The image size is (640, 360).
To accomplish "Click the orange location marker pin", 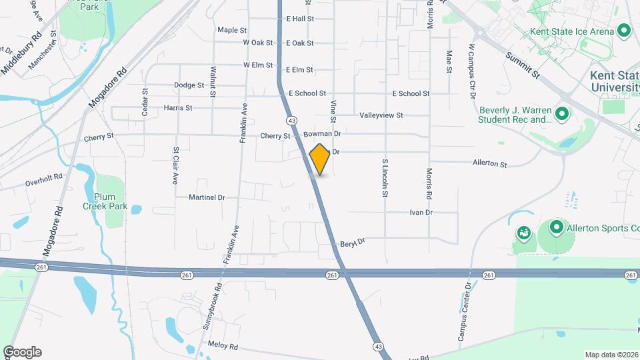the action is [320, 159].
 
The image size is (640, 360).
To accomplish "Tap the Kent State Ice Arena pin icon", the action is [624, 31].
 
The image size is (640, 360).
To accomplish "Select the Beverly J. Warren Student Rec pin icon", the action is [561, 115].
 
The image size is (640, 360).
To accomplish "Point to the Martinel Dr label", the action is [207, 197].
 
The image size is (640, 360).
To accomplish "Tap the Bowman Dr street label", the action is [322, 134].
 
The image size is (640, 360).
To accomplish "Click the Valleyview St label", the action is [381, 115].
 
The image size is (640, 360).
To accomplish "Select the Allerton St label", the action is [490, 163].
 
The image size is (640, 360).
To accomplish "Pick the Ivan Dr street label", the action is [421, 213].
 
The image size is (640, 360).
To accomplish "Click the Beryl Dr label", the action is [353, 243].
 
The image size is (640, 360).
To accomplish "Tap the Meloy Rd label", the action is [223, 347].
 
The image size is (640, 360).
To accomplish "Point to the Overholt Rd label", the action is [43, 179].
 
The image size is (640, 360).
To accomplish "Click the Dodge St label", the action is [189, 85].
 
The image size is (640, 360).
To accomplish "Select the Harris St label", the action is [177, 107].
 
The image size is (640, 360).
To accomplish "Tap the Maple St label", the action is [232, 30].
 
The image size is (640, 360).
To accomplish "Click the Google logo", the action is [22, 352].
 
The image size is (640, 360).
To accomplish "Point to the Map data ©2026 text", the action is [611, 355].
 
